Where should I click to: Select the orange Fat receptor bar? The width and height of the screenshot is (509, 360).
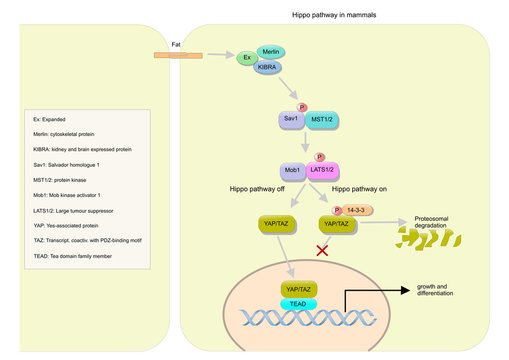pyautogui.click(x=177, y=56)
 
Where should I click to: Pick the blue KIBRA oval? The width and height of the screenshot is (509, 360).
pyautogui.click(x=268, y=67)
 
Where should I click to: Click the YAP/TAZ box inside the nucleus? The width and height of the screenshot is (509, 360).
pyautogui.click(x=298, y=289)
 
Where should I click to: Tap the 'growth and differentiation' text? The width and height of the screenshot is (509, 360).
pyautogui.click(x=434, y=292)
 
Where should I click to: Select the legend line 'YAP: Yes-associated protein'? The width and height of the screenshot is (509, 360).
pyautogui.click(x=70, y=227)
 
